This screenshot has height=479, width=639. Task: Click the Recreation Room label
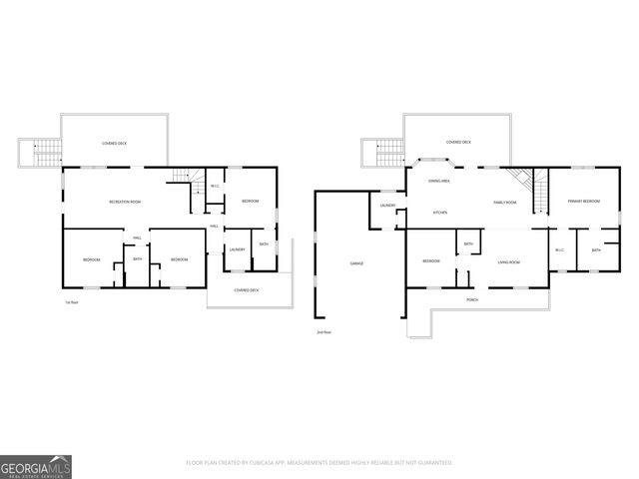tap(125, 203)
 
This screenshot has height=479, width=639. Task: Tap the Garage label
tap(356, 262)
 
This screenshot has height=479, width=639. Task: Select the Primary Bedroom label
tap(584, 202)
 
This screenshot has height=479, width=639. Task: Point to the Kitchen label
tap(439, 213)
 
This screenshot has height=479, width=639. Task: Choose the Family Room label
tap(505, 203)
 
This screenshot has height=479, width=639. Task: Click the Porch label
tap(472, 299)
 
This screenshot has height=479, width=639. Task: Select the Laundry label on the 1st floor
tap(237, 249)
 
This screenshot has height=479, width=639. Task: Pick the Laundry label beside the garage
tap(388, 207)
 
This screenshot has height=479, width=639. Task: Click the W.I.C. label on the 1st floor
tap(215, 186)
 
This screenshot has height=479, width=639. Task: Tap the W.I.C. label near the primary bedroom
tap(559, 249)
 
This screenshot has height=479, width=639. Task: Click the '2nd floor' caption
tap(322, 331)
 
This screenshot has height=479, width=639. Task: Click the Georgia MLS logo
tap(36, 466)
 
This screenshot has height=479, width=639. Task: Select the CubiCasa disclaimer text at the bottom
tap(319, 463)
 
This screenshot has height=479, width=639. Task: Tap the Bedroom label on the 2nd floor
tap(431, 261)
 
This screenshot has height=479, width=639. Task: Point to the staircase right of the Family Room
tap(540, 190)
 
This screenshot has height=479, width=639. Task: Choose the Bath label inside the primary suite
tap(595, 249)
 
